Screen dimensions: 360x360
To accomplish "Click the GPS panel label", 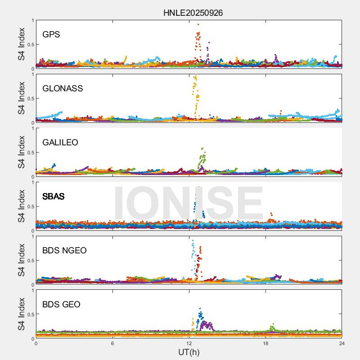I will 51,34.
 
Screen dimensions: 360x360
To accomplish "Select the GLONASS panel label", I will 63,88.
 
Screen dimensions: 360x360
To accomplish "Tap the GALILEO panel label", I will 60,142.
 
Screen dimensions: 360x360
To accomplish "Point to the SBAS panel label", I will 54,196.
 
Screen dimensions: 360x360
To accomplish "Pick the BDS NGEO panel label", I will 64,250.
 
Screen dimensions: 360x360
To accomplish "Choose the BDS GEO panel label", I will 61,304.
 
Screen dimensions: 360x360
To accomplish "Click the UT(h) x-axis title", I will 189,352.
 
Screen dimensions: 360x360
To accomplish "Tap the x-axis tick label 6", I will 112,343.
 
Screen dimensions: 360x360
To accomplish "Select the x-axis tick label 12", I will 189,343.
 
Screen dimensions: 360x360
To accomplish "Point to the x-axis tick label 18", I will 265,343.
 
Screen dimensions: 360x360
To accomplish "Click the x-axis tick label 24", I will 342,343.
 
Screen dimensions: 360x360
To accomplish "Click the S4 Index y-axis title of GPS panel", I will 21,44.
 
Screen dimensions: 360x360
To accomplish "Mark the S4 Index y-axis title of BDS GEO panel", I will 21,314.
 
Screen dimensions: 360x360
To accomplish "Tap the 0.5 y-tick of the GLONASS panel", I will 29,98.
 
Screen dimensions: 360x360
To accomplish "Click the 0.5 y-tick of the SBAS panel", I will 29,206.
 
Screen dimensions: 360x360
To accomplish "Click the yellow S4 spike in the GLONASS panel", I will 196,92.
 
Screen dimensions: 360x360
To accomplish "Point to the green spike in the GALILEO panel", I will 202,157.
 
